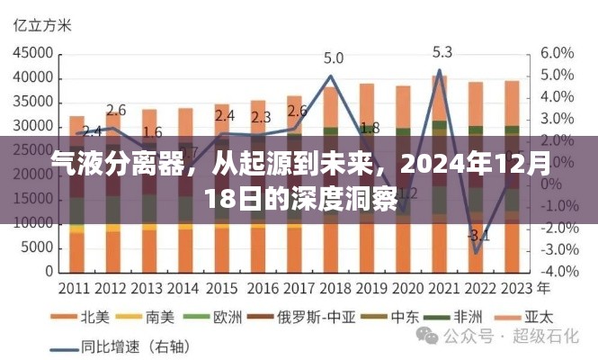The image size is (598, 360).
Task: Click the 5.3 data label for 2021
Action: pyautogui.click(x=442, y=51)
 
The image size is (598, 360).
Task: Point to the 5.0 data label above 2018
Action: pyautogui.click(x=333, y=58)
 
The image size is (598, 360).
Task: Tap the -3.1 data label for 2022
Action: pyautogui.click(x=478, y=237)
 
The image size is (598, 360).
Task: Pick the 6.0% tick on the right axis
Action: pyautogui.click(x=558, y=51)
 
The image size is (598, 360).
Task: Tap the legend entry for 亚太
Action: pyautogui.click(x=531, y=317)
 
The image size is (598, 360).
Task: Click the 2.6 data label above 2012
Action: pyautogui.click(x=115, y=111)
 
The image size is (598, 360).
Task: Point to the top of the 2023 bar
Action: pyautogui.click(x=511, y=82)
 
